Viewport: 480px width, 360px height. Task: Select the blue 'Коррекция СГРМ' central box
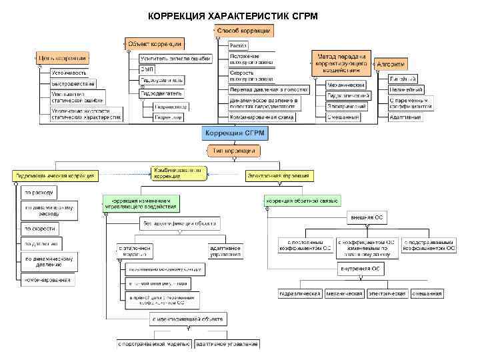(x=235, y=133)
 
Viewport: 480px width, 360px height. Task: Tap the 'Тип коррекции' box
(x=234, y=151)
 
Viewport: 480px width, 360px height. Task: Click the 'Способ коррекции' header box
(x=244, y=31)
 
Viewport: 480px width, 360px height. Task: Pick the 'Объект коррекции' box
(x=155, y=44)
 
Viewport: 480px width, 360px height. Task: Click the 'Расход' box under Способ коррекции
(x=238, y=45)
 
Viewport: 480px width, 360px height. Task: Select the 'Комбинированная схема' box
(x=262, y=117)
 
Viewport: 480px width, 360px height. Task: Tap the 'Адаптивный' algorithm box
(x=405, y=117)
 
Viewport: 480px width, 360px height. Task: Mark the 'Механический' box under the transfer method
(x=345, y=85)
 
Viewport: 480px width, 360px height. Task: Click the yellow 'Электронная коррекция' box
(x=278, y=176)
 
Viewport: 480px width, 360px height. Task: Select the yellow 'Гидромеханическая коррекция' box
(x=55, y=176)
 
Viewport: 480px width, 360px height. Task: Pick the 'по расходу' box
(x=39, y=193)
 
